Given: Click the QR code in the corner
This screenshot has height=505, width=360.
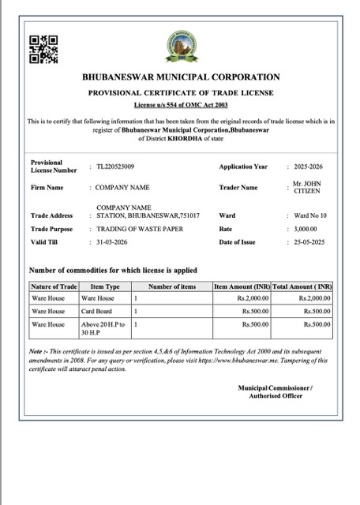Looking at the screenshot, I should [43, 49].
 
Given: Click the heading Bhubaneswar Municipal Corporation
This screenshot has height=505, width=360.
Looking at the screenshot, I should [181, 77].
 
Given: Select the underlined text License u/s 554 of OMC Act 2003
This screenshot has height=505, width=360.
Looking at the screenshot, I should [181, 104].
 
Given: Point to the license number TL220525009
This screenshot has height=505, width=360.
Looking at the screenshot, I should [115, 166].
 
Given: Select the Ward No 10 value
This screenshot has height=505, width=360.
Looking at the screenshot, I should [310, 215].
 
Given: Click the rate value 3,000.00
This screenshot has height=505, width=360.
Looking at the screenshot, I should [306, 228].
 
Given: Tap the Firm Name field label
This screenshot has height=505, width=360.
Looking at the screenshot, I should [47, 188].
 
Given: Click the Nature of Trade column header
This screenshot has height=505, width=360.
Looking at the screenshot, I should [54, 286].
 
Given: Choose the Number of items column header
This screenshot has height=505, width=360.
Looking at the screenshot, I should [171, 286].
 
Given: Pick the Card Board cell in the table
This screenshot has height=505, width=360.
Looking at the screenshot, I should [97, 312].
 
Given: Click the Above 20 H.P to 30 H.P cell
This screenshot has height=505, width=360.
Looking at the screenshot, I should [103, 328].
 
